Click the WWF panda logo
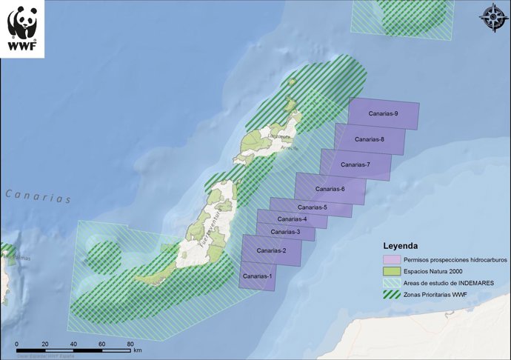point(22,28)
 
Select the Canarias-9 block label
point(384,113)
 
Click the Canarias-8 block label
point(369,139)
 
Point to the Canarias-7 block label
point(355,164)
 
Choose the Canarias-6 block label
point(330,189)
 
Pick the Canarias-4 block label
point(292,219)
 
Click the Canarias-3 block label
point(285,232)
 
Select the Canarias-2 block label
point(271,251)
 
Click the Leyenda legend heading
point(400,245)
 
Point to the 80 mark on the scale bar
point(131,344)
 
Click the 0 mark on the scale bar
point(16,344)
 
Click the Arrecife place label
point(290,148)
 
